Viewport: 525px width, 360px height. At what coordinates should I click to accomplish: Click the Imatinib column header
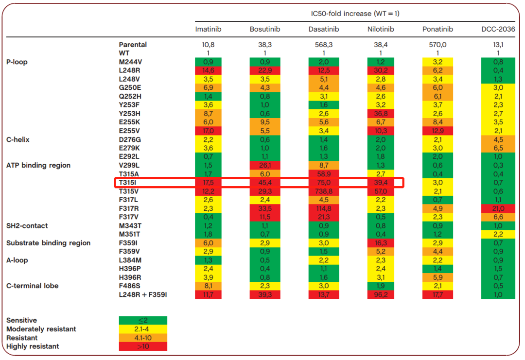click(x=208, y=29)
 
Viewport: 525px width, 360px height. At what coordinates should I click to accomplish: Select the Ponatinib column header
click(x=437, y=29)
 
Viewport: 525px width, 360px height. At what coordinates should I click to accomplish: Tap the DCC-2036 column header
click(x=498, y=29)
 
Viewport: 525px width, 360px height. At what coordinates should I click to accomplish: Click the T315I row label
click(x=127, y=183)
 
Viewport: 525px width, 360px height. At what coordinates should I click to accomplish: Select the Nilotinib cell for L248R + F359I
click(x=381, y=294)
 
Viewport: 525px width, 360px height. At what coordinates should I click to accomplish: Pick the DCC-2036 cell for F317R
click(x=498, y=208)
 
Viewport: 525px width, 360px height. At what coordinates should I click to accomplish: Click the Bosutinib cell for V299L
click(x=265, y=165)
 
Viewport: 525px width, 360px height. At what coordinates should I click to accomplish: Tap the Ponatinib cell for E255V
click(x=437, y=131)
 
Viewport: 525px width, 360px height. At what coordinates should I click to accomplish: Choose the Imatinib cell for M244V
click(x=208, y=62)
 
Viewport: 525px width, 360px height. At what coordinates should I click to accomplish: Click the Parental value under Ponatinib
click(x=437, y=45)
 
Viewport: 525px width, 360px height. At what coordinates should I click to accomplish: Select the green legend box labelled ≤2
click(x=143, y=321)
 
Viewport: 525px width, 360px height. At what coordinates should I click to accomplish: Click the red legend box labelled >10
click(x=143, y=346)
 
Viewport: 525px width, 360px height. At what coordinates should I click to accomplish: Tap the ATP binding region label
click(x=38, y=165)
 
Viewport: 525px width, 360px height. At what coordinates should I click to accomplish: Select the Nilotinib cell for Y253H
click(x=381, y=114)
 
